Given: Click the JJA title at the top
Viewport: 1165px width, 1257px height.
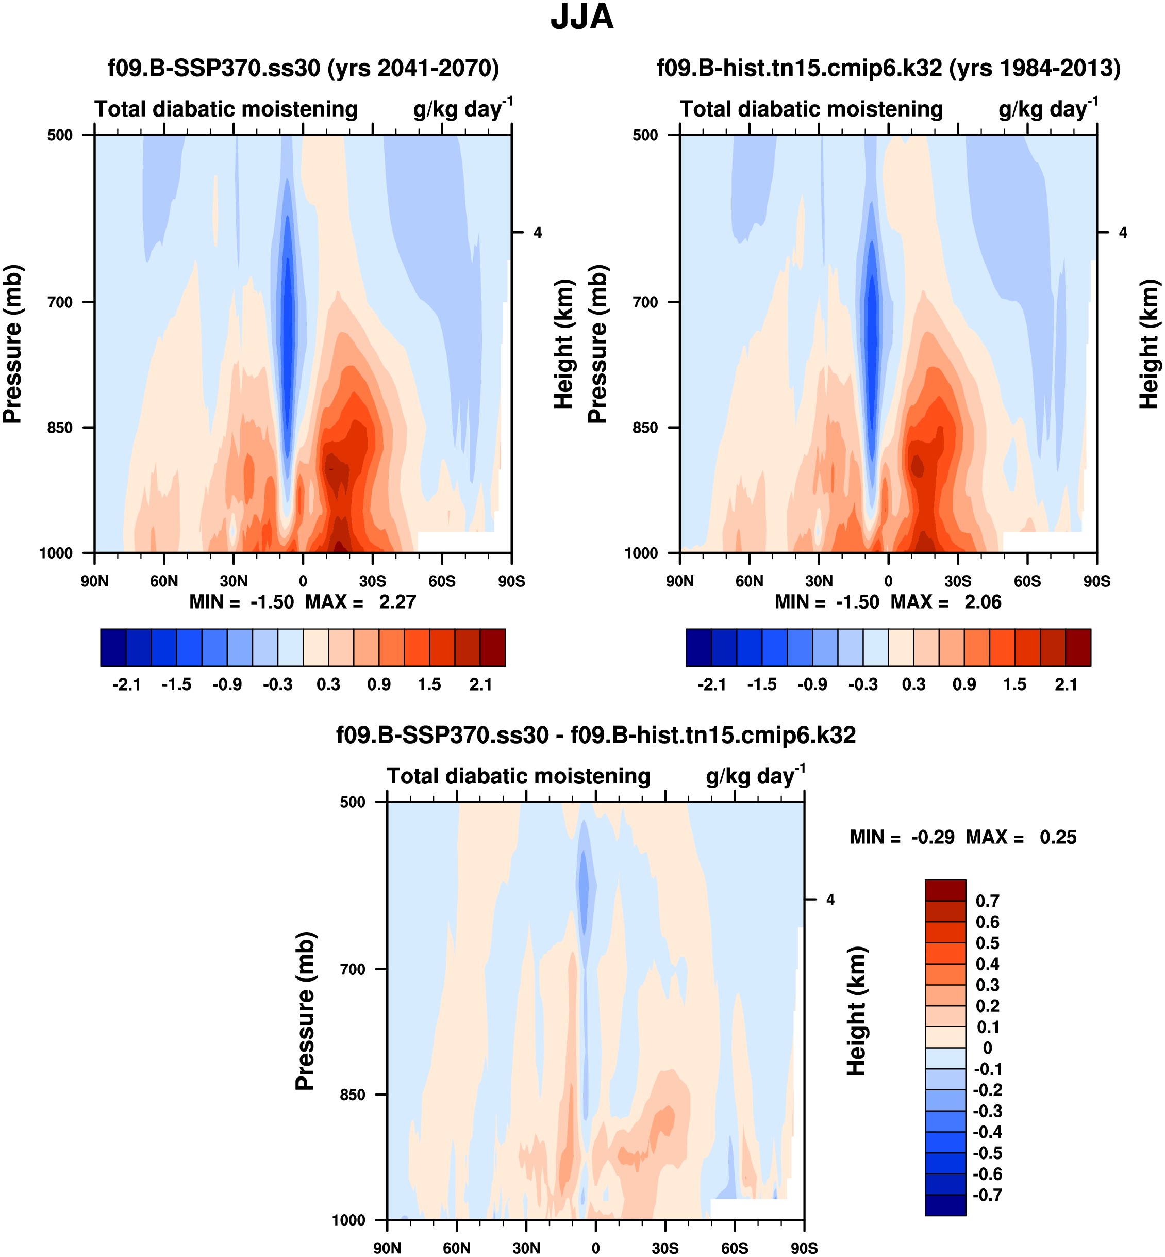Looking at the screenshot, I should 582,17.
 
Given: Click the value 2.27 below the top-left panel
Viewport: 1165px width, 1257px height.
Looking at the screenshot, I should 397,602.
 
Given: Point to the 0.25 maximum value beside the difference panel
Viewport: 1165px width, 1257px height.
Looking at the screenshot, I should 1058,838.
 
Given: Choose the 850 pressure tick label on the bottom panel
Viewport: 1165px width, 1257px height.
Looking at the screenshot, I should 353,1095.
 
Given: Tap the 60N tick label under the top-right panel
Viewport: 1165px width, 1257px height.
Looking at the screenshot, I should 749,581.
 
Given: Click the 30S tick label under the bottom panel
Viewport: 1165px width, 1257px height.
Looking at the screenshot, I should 665,1248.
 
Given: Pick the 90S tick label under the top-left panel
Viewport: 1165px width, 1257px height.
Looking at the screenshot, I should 511,581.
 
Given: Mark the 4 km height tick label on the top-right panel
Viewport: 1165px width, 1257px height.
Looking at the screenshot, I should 1123,233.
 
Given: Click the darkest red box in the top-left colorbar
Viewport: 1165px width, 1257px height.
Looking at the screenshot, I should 492,647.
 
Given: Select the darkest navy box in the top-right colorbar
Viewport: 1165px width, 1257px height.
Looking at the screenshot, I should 698,647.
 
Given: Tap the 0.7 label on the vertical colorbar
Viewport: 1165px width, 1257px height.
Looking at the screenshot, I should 987,901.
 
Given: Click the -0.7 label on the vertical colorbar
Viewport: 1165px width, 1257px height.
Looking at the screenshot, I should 987,1195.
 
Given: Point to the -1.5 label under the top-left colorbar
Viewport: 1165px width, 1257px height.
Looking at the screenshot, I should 176,685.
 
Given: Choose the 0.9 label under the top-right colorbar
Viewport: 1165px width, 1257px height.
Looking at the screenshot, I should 964,685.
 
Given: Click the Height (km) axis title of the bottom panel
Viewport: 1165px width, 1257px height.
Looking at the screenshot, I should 856,1011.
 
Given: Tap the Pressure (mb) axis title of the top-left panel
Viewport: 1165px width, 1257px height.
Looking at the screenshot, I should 12,344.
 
